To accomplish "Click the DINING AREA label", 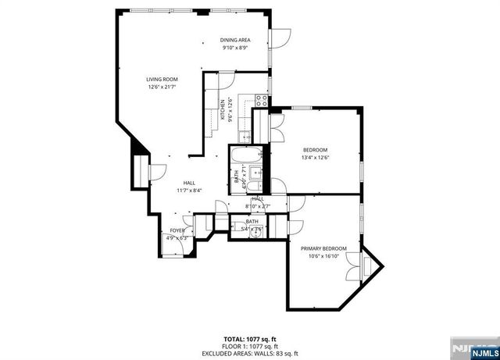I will point(234,40).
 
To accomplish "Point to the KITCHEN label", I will point(223,110).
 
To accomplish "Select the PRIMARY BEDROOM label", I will point(323,248).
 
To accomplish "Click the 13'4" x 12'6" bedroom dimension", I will point(315,157).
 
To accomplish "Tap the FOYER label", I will point(177,230).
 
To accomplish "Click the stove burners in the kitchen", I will point(262,100).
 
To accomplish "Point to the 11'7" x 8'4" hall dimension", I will point(189,190).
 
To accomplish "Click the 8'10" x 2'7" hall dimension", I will point(257,205).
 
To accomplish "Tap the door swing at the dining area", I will point(279,36).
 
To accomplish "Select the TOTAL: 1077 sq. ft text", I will point(250,339).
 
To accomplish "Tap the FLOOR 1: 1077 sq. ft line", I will point(250,345).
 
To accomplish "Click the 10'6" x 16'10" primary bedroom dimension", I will point(323,255).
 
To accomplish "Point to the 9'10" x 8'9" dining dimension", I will point(234,48).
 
